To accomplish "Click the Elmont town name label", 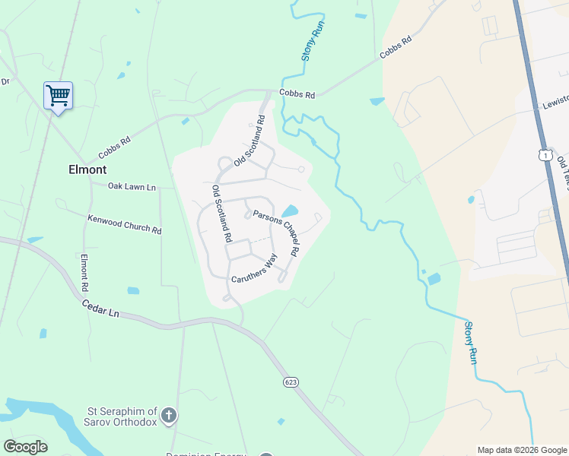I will point(87,169).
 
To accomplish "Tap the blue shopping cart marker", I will point(58,96).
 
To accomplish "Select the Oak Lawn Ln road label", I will point(132,186).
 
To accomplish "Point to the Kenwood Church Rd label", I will point(124,224).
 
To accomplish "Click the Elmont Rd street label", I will point(84,273).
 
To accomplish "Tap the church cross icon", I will point(169,415).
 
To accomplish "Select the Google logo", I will point(25,447).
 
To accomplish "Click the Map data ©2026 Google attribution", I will point(521,450).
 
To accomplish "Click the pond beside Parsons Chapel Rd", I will point(290,211).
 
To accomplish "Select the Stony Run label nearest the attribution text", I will point(471,342).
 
